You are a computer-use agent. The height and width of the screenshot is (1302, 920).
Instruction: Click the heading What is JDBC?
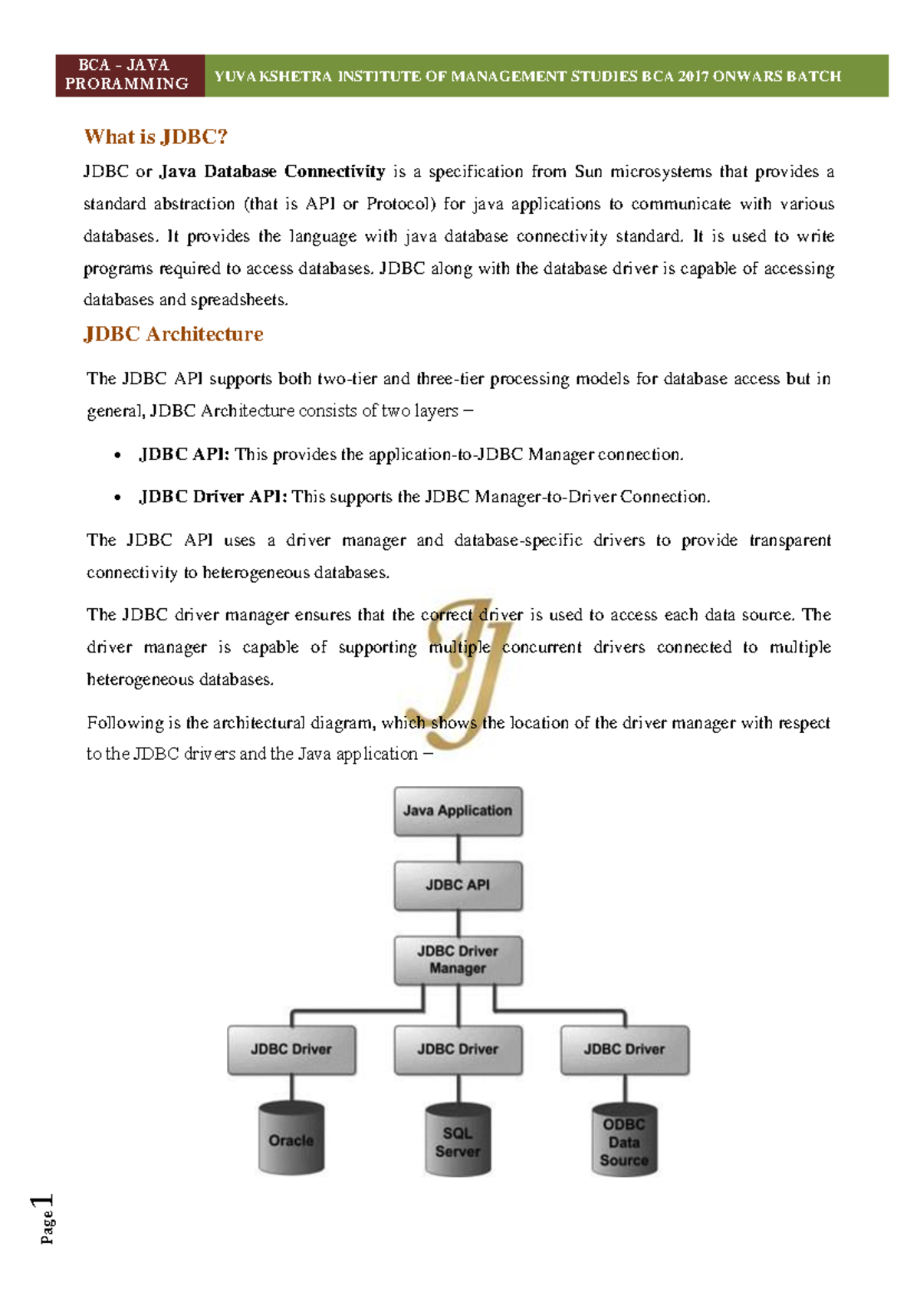point(156,136)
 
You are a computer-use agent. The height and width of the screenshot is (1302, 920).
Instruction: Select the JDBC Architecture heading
point(173,334)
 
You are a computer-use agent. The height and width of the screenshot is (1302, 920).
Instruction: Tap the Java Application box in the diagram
point(458,810)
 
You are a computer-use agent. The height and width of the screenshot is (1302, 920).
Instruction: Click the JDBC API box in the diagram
point(458,885)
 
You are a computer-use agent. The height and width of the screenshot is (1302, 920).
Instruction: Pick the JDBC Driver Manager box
point(458,959)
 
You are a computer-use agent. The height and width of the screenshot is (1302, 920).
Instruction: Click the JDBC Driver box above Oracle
point(291,1049)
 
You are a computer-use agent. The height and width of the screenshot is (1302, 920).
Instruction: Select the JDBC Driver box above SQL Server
point(458,1049)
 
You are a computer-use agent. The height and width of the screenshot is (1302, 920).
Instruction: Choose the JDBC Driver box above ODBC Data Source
point(624,1049)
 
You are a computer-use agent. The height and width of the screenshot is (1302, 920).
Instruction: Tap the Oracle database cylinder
point(291,1139)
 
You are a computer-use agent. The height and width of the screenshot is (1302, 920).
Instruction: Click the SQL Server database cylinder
point(458,1141)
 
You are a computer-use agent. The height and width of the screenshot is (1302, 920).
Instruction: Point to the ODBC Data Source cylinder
point(624,1141)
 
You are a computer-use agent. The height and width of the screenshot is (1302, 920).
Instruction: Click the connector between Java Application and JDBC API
point(458,848)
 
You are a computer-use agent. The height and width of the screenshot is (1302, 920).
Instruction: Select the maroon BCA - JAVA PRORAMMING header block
point(130,75)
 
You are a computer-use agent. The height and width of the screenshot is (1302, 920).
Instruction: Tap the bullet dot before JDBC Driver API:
point(117,498)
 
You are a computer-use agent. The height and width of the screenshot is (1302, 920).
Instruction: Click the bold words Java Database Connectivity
point(272,172)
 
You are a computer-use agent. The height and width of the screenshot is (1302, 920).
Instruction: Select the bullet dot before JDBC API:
point(117,455)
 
